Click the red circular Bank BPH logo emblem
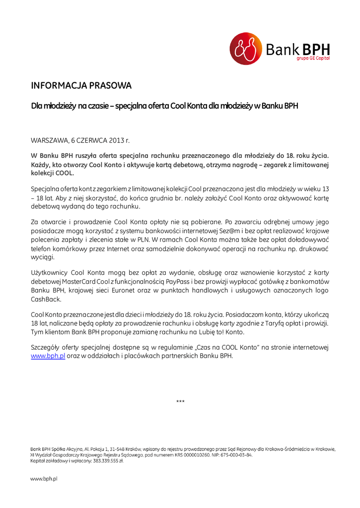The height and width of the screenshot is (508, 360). click(245, 49)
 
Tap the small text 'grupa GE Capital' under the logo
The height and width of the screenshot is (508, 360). click(313, 59)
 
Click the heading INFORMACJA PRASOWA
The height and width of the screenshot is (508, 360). click(81, 86)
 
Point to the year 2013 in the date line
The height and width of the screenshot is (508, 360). click(116, 141)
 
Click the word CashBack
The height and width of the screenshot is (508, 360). click(46, 299)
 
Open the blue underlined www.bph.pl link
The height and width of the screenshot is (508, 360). click(48, 356)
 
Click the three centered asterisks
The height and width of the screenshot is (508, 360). click(180, 401)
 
